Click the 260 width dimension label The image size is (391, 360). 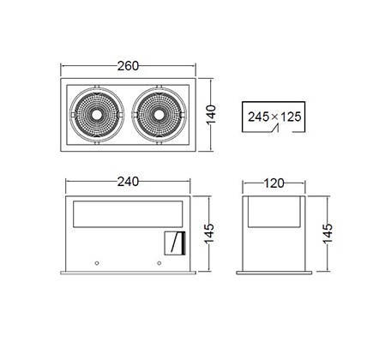tap(128, 66)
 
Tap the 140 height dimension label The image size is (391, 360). tap(211, 115)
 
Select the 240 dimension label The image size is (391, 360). tap(128, 182)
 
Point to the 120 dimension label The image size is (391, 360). tap(274, 183)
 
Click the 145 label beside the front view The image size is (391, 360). tap(209, 233)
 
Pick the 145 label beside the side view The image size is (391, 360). tap(328, 233)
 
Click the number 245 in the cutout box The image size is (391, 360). tap(258, 117)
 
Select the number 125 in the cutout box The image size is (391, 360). tap(291, 117)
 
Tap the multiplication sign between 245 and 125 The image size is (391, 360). tap(274, 117)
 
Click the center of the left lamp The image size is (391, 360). tap(97, 115)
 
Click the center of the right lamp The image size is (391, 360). tap(159, 115)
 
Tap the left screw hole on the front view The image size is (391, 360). tap(97, 263)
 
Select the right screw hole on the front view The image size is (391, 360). tap(159, 263)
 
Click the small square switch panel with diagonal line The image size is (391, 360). tap(175, 243)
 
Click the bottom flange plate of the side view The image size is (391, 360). tap(274, 273)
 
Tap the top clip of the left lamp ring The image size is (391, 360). tap(97, 87)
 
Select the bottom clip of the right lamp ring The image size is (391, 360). tap(159, 143)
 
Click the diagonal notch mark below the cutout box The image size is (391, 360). tap(275, 129)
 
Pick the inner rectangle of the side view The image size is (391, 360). tap(274, 212)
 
